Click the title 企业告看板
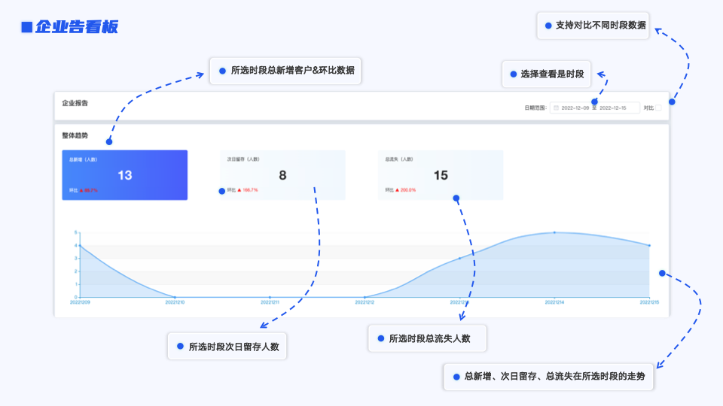[76, 27]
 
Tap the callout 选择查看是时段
[551, 74]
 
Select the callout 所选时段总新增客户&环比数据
[292, 71]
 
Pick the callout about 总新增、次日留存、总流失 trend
[554, 376]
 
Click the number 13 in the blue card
[125, 175]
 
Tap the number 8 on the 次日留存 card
[282, 175]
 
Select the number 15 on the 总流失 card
[441, 175]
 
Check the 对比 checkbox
[658, 108]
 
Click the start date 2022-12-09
[575, 108]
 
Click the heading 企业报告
[75, 103]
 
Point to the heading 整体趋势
[75, 136]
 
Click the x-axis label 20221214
[554, 302]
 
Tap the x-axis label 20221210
[175, 302]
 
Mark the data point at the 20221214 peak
[554, 232]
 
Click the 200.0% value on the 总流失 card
[407, 190]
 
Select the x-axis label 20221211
[270, 302]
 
